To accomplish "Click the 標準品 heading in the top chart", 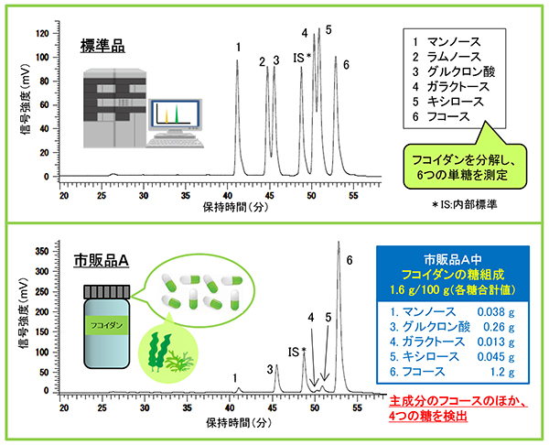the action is (102, 46).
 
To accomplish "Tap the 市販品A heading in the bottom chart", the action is (102, 260).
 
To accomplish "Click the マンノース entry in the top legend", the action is (454, 42).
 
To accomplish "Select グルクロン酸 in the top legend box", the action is (461, 71).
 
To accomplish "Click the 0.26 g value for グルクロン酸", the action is (499, 327).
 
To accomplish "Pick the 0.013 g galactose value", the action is (496, 342).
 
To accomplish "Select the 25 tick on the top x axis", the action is (102, 196).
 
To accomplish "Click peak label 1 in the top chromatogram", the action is (238, 47).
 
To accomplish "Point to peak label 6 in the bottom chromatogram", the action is (350, 260).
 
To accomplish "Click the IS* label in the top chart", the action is (302, 58).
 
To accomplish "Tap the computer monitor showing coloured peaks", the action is (175, 114).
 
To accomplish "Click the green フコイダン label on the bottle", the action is (107, 325).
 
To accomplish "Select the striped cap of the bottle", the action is (107, 292).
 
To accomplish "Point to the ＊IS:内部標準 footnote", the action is (464, 204).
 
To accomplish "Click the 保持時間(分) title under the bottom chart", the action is (239, 423).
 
